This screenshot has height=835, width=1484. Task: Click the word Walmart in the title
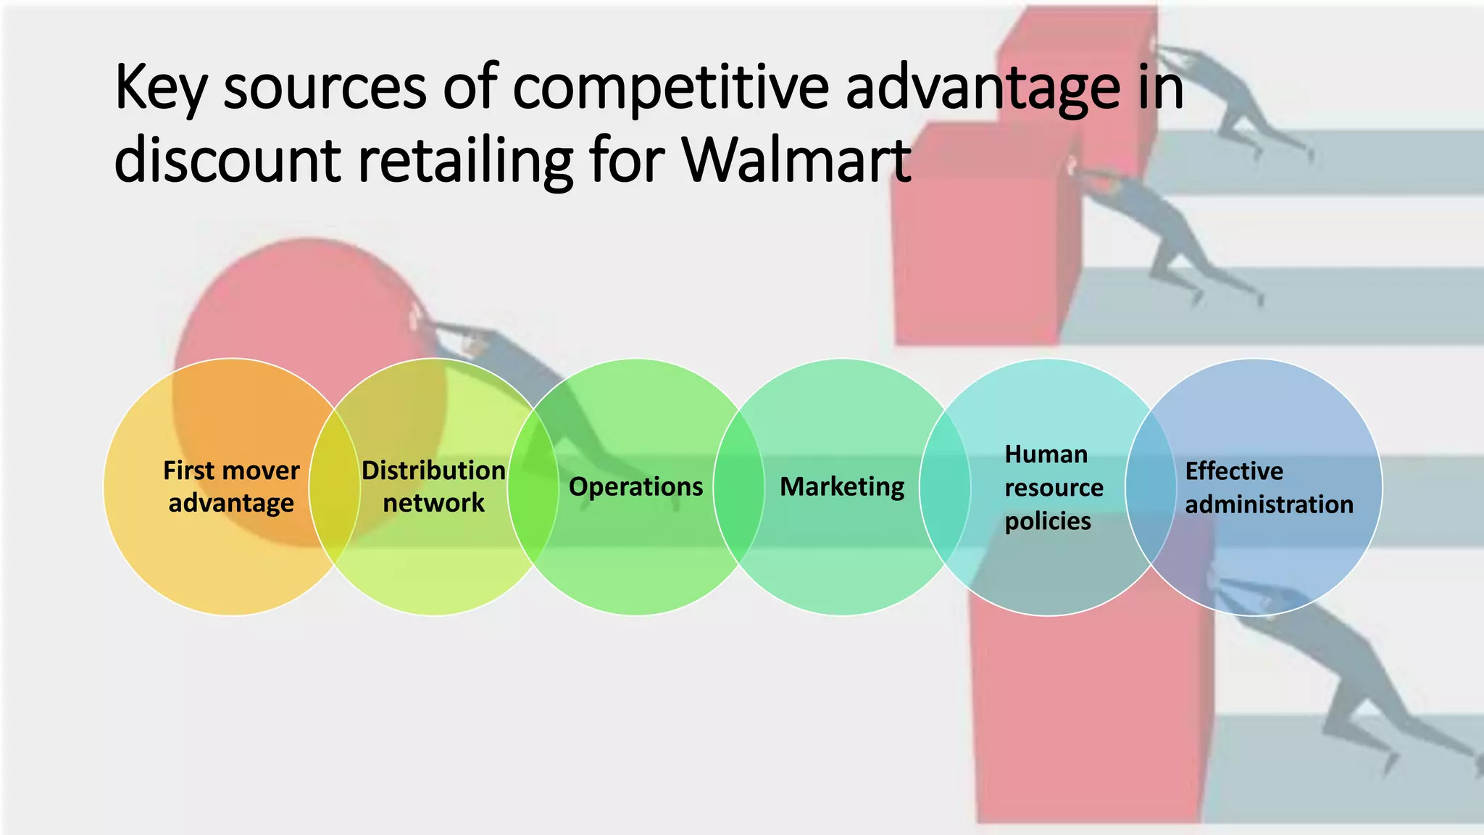pyautogui.click(x=796, y=160)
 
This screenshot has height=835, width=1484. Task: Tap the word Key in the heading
pyautogui.click(x=160, y=89)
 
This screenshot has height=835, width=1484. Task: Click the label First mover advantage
pyautogui.click(x=231, y=486)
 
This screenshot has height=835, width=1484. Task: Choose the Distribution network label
pyautogui.click(x=433, y=486)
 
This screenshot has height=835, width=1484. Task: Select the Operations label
pyautogui.click(x=635, y=486)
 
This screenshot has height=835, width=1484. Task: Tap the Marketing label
pyautogui.click(x=842, y=486)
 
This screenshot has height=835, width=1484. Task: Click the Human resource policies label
pyautogui.click(x=1053, y=487)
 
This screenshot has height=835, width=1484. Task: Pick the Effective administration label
pyautogui.click(x=1268, y=487)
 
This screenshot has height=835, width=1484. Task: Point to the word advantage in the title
pyautogui.click(x=983, y=89)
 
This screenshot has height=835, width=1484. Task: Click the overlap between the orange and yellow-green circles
pyautogui.click(x=334, y=487)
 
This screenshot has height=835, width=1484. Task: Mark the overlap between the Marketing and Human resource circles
pyautogui.click(x=945, y=487)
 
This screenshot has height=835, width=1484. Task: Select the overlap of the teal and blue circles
pyautogui.click(x=1151, y=487)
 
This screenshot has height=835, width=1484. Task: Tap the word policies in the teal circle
pyautogui.click(x=1048, y=521)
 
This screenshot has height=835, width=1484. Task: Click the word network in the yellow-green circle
pyautogui.click(x=433, y=503)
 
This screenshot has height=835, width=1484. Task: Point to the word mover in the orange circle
pyautogui.click(x=265, y=471)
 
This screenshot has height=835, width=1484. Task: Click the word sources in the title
pyautogui.click(x=325, y=89)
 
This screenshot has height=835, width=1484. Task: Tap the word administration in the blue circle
pyautogui.click(x=1269, y=504)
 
